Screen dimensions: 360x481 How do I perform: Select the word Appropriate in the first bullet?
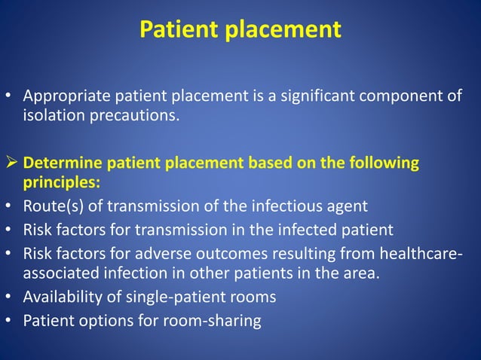64,97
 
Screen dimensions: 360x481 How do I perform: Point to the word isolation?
53,117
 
